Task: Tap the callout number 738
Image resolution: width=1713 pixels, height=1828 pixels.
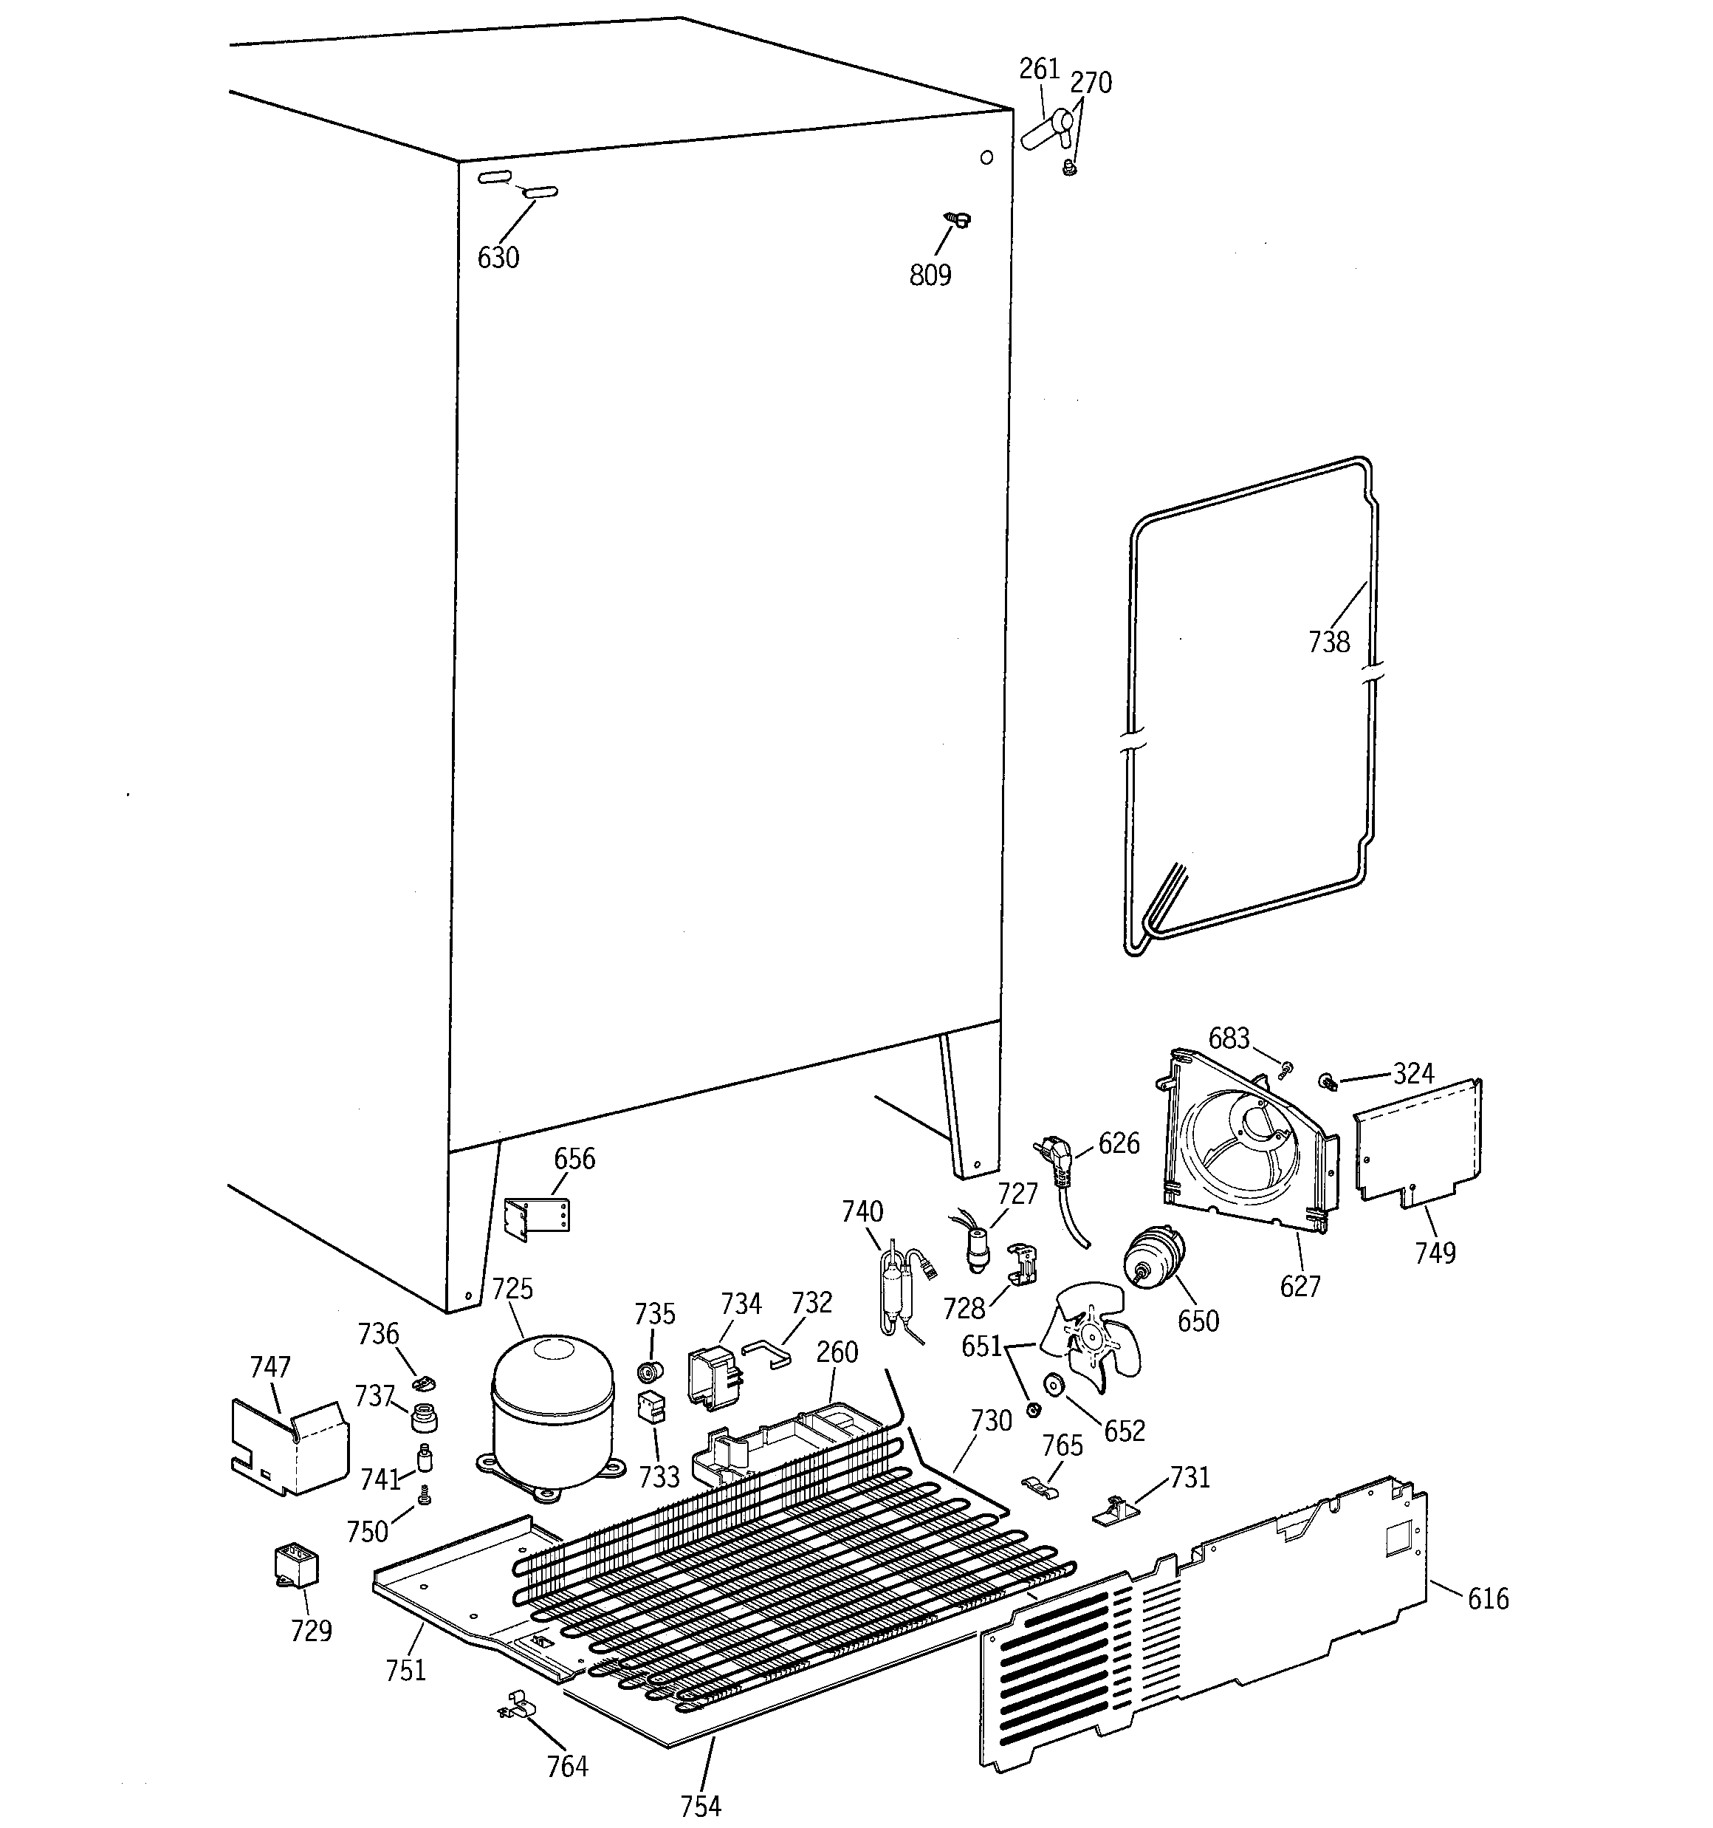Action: (1328, 642)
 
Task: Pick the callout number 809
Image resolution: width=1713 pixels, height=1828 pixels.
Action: (930, 275)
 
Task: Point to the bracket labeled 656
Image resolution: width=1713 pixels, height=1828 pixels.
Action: (539, 1219)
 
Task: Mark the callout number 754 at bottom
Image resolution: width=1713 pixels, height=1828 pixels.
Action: (701, 1805)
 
